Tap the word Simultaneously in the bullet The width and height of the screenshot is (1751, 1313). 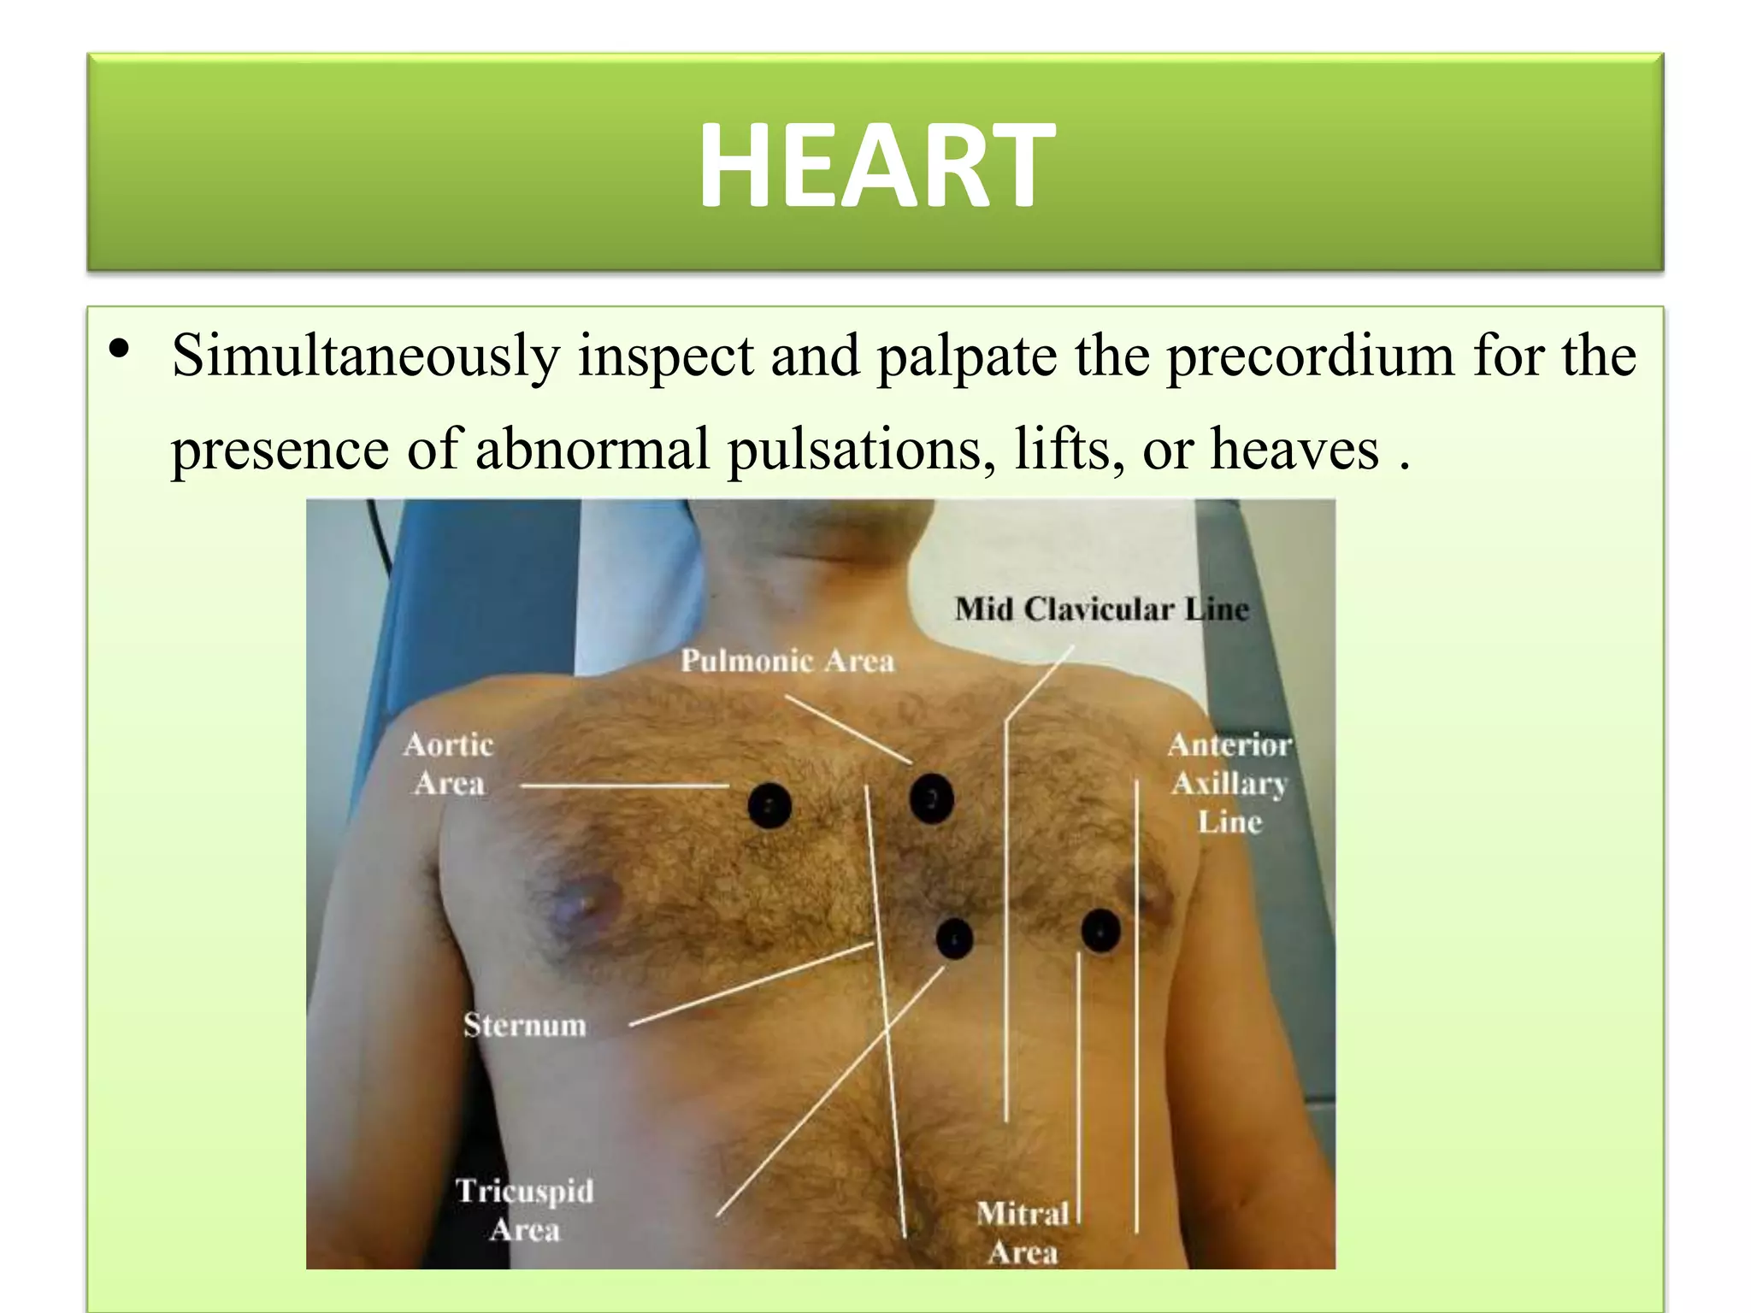pyautogui.click(x=365, y=356)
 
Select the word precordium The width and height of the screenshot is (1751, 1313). pyautogui.click(x=1310, y=356)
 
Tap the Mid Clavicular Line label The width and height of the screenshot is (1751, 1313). pyautogui.click(x=1101, y=609)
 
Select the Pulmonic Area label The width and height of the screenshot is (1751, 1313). pyautogui.click(x=787, y=661)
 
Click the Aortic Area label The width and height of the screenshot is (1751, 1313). pyautogui.click(x=449, y=764)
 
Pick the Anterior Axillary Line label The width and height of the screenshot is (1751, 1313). pyautogui.click(x=1229, y=783)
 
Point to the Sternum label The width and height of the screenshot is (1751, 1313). pyautogui.click(x=525, y=1025)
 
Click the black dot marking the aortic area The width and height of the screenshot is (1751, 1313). pyautogui.click(x=769, y=805)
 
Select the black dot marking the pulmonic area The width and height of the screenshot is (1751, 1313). pyautogui.click(x=931, y=798)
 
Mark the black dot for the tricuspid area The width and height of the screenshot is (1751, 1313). pyautogui.click(x=954, y=939)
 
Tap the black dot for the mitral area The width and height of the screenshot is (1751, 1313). pyautogui.click(x=1100, y=930)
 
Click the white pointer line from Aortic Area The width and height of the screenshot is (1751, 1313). pyautogui.click(x=624, y=785)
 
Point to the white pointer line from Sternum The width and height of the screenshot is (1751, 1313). pyautogui.click(x=752, y=984)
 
